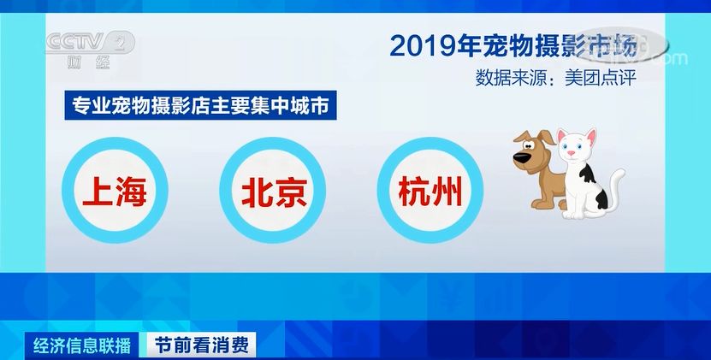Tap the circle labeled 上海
tap(115, 192)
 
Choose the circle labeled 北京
tap(272, 192)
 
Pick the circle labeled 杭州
tap(430, 192)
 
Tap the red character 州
tap(447, 192)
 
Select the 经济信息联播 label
tap(82, 345)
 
